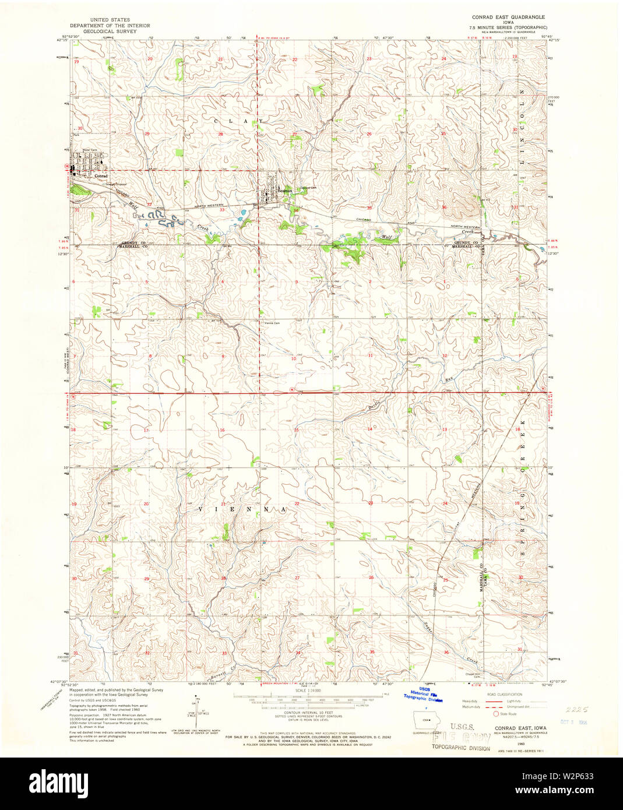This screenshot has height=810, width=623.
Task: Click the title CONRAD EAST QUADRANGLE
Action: pos(508,17)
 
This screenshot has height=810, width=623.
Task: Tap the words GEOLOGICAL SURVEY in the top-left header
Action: pos(110,31)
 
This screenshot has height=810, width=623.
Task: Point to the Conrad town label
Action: pos(101,176)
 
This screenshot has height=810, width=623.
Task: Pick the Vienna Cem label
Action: pos(273,322)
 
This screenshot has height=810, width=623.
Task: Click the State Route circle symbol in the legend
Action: pos(497,713)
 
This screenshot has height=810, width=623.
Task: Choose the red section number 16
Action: pos(222,430)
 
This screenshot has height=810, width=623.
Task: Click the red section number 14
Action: pos(369,429)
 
